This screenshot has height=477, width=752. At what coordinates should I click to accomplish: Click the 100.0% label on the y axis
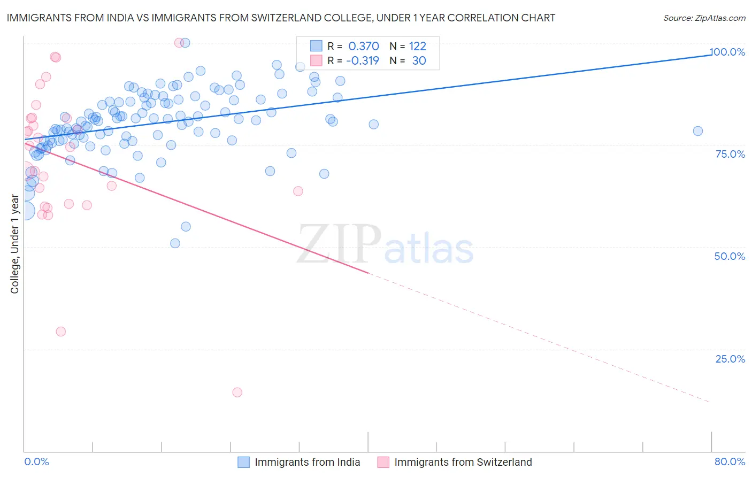point(727,52)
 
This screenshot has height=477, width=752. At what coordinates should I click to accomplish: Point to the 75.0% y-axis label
point(730,154)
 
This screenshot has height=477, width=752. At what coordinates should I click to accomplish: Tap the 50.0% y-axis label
point(730,256)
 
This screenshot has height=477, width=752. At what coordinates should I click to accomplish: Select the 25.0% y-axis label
point(730,359)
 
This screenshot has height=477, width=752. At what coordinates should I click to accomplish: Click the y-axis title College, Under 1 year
point(15,244)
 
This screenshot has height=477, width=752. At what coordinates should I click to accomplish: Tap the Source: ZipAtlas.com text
point(704,18)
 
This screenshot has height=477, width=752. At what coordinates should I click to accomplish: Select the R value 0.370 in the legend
point(364,47)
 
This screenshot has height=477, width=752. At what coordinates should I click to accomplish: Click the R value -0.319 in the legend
point(362,61)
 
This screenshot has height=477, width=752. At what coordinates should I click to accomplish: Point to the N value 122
point(417,47)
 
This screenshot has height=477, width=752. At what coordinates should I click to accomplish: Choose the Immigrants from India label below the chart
point(307,462)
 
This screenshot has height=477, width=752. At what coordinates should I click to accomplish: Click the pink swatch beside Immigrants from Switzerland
point(383,462)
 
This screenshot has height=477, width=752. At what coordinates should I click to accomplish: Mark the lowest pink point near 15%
point(237,393)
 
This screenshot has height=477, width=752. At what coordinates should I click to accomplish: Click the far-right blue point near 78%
point(697,131)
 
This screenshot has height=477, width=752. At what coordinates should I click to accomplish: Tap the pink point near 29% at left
point(60,332)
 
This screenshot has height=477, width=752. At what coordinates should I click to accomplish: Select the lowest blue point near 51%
point(175,243)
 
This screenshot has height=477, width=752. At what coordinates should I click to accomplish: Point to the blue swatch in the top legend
point(316,46)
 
